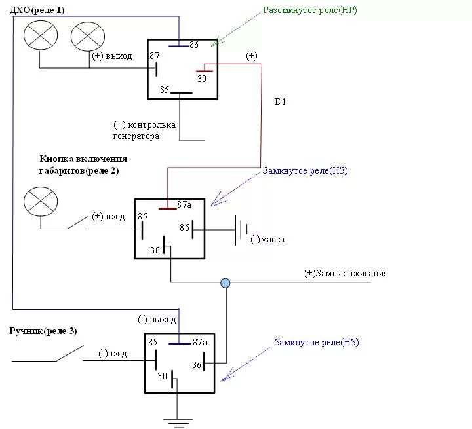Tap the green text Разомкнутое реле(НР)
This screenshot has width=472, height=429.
tap(311, 10)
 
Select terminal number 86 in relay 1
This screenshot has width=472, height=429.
tap(194, 45)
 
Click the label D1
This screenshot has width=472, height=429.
tap(281, 102)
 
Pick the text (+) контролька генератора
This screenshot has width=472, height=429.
tap(144, 130)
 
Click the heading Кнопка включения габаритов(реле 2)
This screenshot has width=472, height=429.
tap(83, 164)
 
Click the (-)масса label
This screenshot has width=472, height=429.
tap(267, 240)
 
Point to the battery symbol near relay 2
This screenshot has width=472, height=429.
tap(242, 230)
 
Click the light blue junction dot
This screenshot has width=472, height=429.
tap(226, 283)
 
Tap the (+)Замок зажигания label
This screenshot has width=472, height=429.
tap(346, 273)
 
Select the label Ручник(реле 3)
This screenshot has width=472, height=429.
tap(43, 331)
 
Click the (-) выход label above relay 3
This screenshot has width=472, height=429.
tap(157, 320)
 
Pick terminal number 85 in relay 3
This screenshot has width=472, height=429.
tap(153, 342)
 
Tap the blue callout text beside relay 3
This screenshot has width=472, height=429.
tap(317, 342)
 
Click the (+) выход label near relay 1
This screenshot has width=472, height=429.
tap(112, 56)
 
